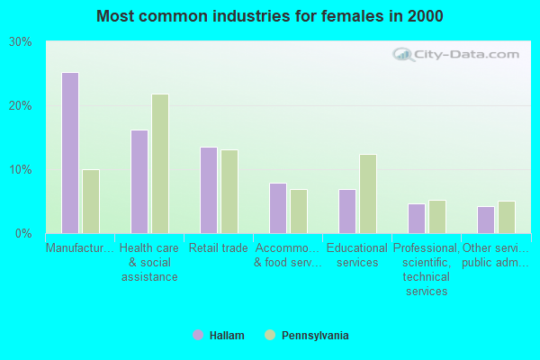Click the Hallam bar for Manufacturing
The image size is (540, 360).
tap(70, 153)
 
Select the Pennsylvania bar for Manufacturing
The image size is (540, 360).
tap(91, 202)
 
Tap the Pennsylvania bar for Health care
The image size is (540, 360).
tap(160, 164)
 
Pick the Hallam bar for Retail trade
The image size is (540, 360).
tap(209, 191)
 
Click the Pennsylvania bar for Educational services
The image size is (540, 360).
tap(368, 194)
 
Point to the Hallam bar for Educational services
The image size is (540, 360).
tap(347, 211)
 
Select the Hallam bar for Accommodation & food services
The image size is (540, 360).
tap(278, 209)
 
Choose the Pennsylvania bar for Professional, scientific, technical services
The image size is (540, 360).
tap(437, 217)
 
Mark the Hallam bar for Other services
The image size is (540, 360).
tap(486, 220)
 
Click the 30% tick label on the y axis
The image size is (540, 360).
tap(21, 42)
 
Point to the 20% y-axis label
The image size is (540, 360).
tap(21, 106)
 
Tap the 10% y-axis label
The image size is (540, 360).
tap(21, 170)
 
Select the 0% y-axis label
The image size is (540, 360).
tap(23, 234)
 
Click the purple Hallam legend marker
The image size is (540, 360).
tap(198, 335)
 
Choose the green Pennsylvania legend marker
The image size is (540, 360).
tap(270, 335)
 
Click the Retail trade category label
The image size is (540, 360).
tap(219, 248)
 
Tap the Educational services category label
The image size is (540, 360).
tap(357, 256)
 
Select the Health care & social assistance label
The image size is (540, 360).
tap(149, 263)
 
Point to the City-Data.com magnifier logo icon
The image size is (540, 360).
tap(403, 54)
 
